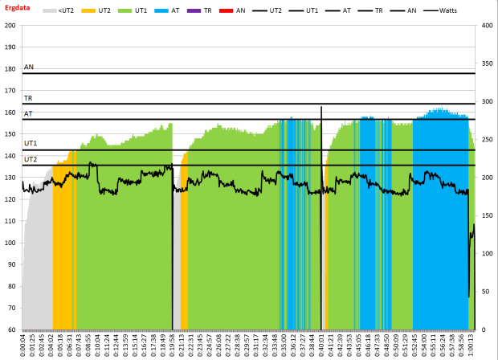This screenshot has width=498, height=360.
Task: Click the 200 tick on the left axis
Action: [10, 25]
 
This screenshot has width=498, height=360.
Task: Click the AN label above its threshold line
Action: [29, 67]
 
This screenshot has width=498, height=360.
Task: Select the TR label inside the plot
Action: [28, 98]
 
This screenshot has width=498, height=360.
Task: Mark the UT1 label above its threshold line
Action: [30, 144]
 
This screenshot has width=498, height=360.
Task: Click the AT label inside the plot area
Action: [28, 114]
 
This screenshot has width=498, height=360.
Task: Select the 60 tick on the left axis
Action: [12, 329]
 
